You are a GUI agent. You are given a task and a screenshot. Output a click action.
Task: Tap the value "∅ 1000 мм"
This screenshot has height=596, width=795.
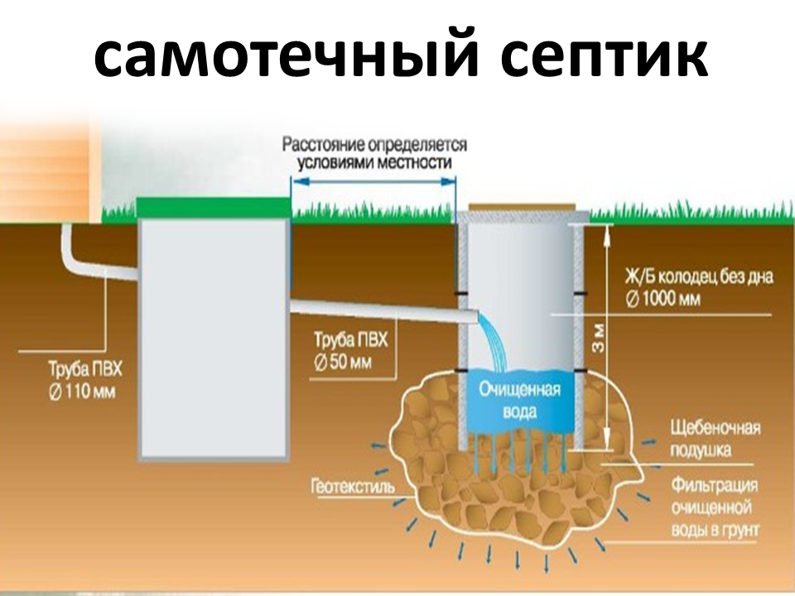click(662, 299)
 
